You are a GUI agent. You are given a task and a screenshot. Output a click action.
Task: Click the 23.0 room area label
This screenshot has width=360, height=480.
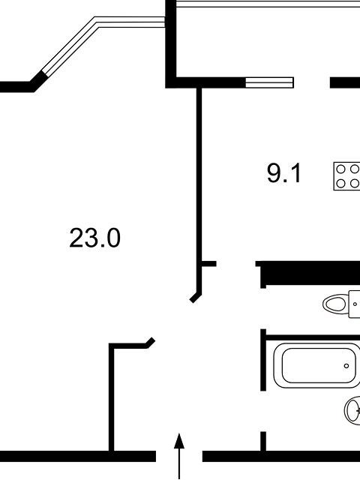point(94,238)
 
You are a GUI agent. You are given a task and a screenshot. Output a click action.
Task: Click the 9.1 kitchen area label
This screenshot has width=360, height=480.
point(284,173)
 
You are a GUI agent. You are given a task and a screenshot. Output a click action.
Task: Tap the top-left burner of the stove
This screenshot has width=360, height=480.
point(340,169)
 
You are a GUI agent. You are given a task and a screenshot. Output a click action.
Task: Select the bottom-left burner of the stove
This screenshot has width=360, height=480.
point(340,183)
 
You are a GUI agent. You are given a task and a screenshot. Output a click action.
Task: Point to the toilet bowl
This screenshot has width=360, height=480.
point(335,304)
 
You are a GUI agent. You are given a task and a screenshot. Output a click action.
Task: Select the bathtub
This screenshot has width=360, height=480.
point(316,365)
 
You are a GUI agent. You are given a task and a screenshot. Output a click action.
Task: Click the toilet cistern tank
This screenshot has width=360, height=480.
point(354,304)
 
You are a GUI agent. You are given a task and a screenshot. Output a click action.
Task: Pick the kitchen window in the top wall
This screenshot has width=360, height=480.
point(269,82)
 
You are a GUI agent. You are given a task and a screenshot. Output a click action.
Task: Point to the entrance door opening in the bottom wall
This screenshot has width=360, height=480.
point(179,456)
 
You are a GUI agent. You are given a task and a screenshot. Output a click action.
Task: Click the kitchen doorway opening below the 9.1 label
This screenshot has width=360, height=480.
point(236,263)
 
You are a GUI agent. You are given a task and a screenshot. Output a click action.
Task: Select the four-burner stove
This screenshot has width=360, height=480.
point(346,176)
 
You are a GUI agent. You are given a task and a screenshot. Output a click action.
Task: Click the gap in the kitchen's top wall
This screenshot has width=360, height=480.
point(312,82)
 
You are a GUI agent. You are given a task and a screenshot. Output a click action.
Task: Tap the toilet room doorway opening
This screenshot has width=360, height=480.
point(263,309)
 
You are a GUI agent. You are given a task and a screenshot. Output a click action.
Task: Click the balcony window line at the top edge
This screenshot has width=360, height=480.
point(268,4)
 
